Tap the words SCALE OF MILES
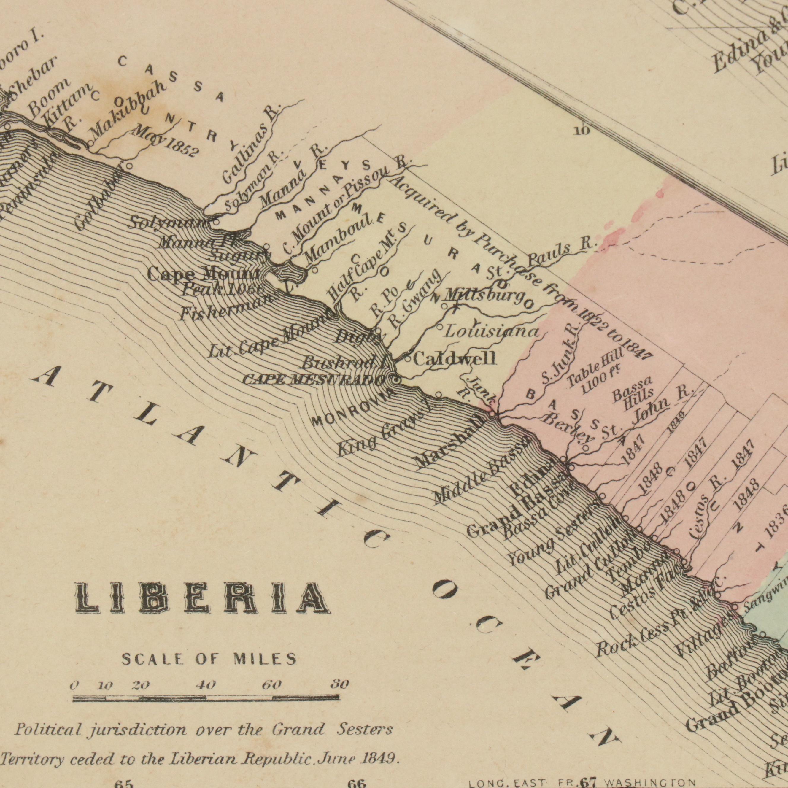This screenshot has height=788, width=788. pos(209,660)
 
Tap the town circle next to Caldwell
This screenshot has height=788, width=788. pos(408,359)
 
